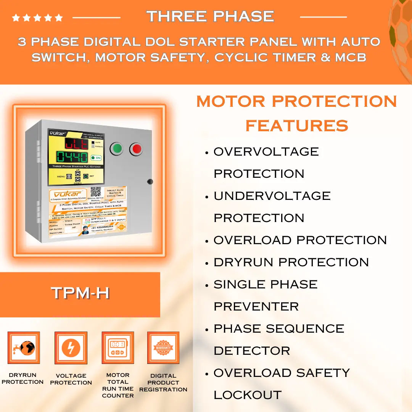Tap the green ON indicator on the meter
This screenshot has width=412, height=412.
96,158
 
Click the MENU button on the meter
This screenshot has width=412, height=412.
69,176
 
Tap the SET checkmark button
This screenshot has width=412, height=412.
86,176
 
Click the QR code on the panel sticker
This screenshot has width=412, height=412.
95,192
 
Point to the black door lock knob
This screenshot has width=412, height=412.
150,182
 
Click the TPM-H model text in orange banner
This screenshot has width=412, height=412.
80,293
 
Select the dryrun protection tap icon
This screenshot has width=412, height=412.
24,348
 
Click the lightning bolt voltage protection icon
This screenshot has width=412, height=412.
71,348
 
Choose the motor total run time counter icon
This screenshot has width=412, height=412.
117,348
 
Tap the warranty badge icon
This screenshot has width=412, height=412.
163,348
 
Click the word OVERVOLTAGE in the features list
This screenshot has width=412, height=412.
266,151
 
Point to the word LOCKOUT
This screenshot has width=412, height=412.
248,395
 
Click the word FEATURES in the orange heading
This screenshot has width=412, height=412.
297,126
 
